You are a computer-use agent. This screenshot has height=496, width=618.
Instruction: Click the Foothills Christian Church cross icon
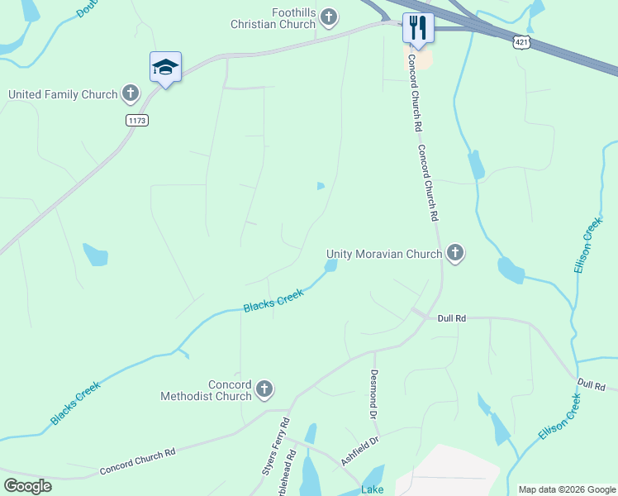pyautogui.click(x=329, y=17)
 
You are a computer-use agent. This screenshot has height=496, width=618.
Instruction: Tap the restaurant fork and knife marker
pyautogui.click(x=418, y=28)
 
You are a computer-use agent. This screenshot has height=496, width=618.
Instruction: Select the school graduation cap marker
pyautogui.click(x=165, y=68)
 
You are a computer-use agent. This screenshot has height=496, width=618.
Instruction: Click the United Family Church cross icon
pyautogui.click(x=131, y=94)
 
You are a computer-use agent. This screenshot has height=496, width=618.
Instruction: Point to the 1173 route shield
pyautogui.click(x=137, y=121)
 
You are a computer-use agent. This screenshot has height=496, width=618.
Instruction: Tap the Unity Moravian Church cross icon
pyautogui.click(x=454, y=254)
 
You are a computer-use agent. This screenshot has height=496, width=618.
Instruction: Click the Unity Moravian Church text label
pyautogui.click(x=384, y=255)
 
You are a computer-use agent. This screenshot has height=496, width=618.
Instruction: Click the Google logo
pyautogui.click(x=27, y=486)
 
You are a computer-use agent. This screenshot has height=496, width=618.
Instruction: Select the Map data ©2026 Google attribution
pyautogui.click(x=566, y=489)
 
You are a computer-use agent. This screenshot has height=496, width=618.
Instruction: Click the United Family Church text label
pyautogui.click(x=63, y=94)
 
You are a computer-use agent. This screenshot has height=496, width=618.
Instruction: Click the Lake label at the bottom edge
pyautogui.click(x=372, y=490)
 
